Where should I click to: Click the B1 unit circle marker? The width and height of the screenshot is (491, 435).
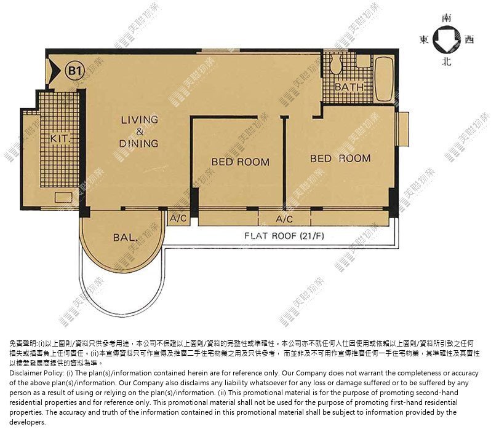74,71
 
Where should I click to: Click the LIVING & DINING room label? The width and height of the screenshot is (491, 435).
139,131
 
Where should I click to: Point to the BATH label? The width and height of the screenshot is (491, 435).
349,87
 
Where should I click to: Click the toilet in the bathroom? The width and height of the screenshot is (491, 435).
335,63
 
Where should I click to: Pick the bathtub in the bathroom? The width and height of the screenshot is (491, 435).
384,79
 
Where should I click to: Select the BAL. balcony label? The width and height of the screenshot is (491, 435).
126,238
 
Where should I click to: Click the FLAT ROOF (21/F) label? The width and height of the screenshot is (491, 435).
284,235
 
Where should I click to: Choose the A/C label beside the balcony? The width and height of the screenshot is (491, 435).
178,218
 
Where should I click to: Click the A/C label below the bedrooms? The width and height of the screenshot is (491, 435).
284,219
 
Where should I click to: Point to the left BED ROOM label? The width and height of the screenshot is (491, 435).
240,162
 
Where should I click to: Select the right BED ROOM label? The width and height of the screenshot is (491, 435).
340,159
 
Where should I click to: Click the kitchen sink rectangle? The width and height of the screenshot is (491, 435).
63,197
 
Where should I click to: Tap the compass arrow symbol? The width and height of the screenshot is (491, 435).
447,40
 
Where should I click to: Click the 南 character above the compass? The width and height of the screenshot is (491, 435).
447,18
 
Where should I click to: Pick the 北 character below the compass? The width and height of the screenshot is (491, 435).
447,61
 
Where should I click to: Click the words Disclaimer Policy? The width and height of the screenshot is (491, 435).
37,373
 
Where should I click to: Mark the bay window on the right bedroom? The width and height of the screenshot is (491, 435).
402,130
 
